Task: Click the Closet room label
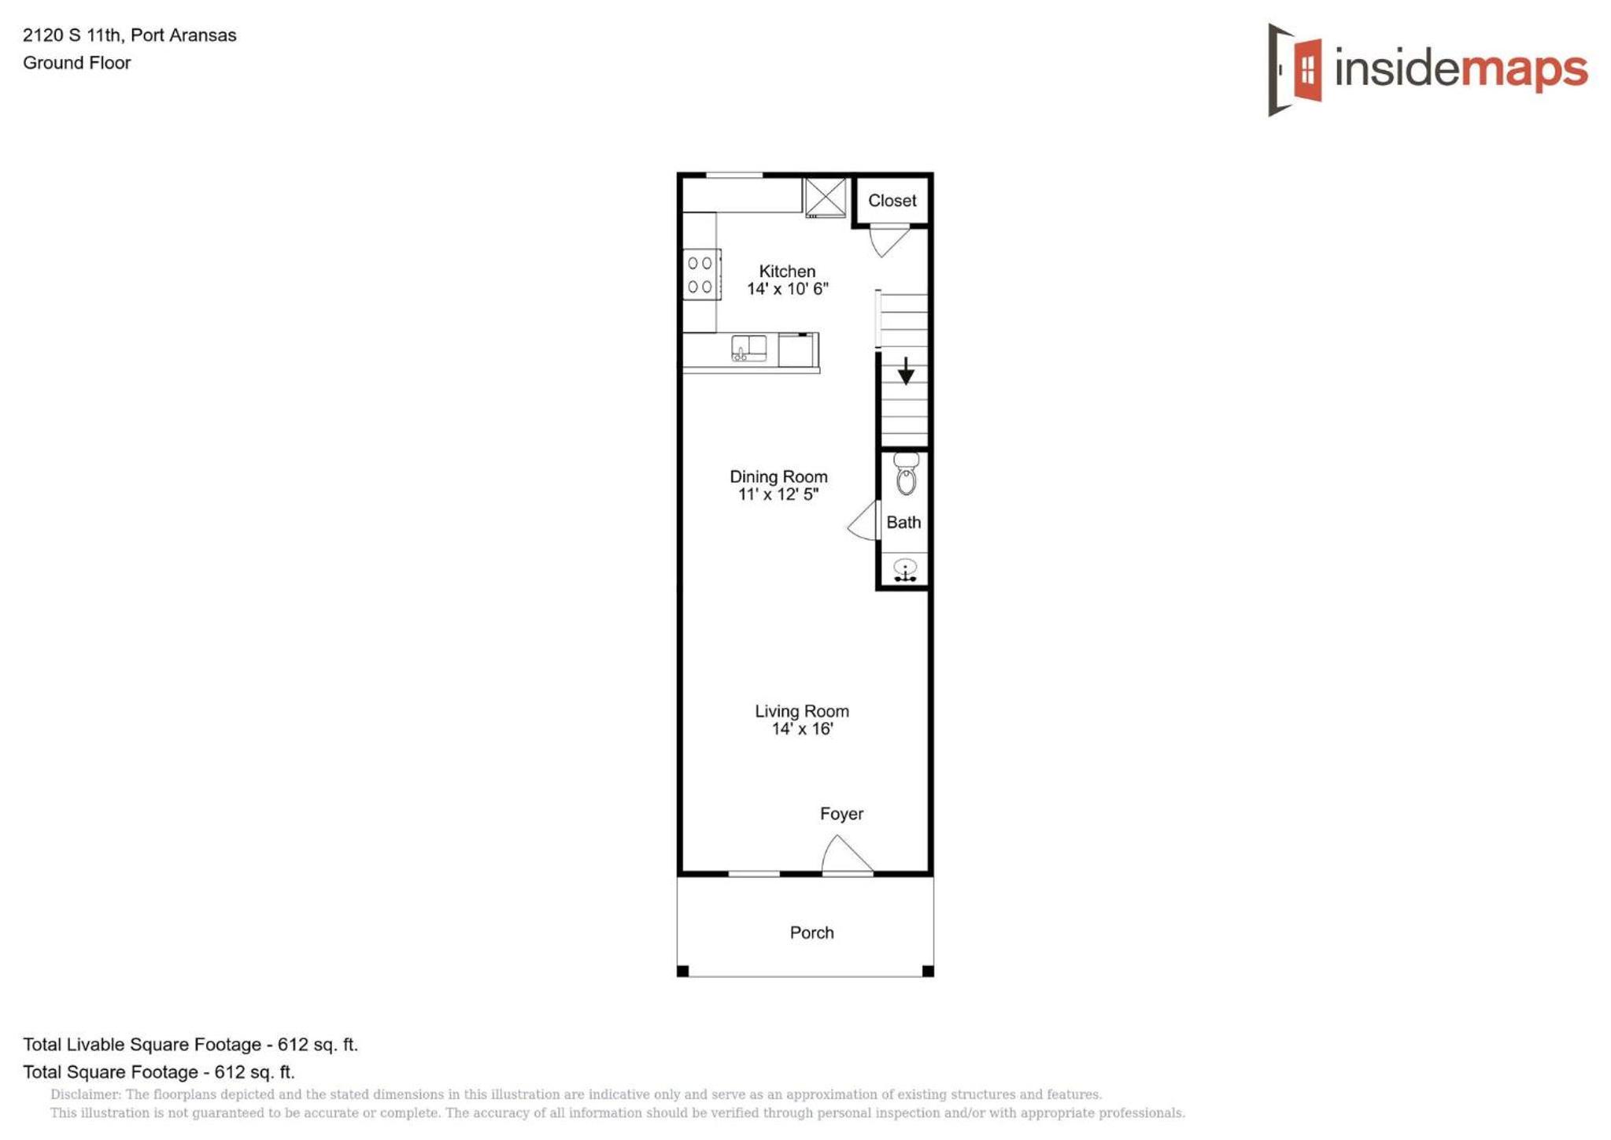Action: [892, 201]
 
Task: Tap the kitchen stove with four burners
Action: [701, 275]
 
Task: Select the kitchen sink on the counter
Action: [749, 348]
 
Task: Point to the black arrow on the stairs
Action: [906, 371]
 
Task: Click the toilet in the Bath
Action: [906, 474]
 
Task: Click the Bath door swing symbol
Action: [864, 520]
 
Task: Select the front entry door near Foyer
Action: [847, 854]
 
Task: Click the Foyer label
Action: [841, 814]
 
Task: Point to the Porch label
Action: [811, 933]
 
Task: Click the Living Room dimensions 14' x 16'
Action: [802, 729]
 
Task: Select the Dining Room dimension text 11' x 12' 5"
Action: [778, 494]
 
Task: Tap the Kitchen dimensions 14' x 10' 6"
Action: [787, 289]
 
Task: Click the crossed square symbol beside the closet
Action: [826, 197]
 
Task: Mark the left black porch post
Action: [683, 971]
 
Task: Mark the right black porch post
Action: [928, 971]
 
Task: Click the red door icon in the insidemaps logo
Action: [1307, 69]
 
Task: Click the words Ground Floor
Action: [77, 63]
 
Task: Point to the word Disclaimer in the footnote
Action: [85, 1094]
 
